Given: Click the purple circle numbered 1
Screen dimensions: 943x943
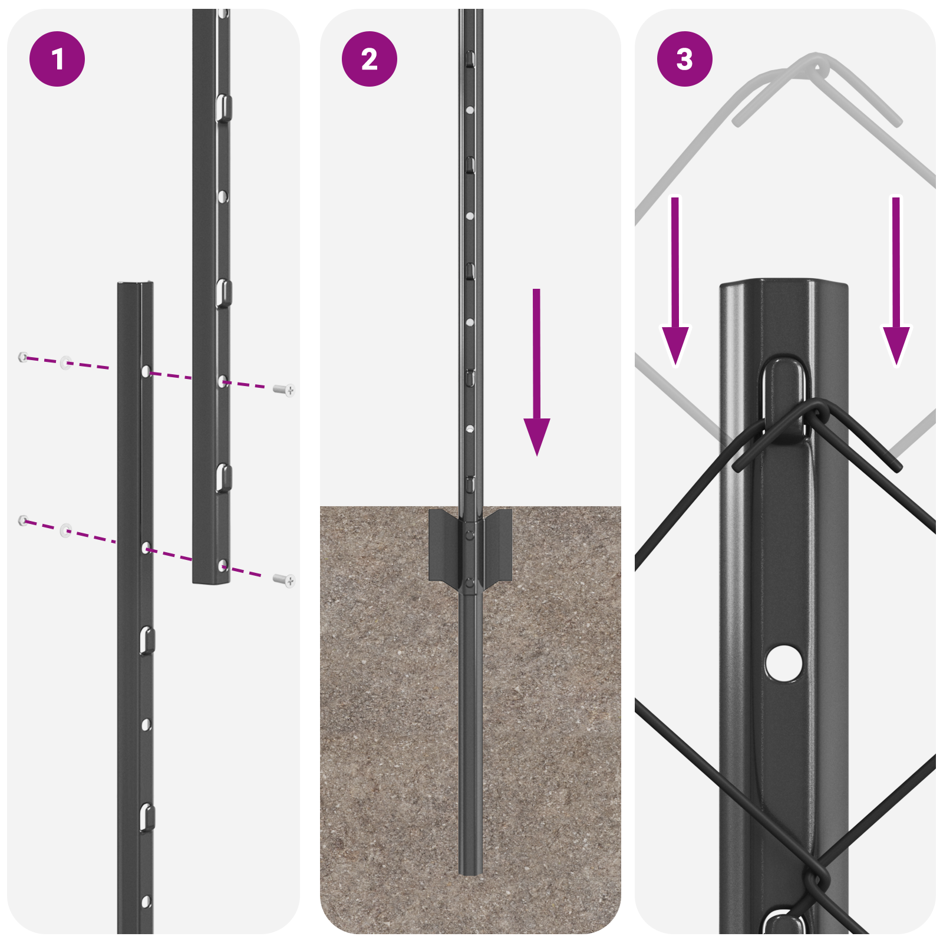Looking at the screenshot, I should (x=57, y=59).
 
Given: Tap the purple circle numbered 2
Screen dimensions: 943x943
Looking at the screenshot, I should (x=370, y=59).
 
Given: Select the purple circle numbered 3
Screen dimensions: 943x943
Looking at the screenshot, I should (x=684, y=59).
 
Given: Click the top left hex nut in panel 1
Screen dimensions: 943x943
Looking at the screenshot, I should (x=23, y=357).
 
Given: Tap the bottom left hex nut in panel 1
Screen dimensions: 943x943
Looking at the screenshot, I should (x=23, y=520).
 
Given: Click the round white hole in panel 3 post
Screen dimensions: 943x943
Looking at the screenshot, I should (x=783, y=662).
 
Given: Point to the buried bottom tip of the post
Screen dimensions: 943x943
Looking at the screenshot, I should (x=470, y=869).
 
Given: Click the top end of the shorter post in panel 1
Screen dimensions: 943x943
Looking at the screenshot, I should (x=136, y=286).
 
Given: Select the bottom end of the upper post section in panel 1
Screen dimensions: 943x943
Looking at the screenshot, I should (x=211, y=581).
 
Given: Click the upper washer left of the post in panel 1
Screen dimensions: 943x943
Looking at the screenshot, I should (x=66, y=362).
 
